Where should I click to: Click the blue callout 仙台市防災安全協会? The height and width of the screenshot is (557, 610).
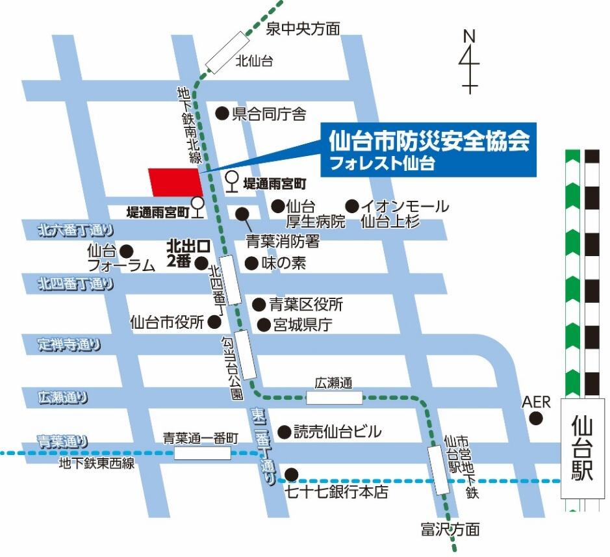pyautogui.click(x=429, y=148)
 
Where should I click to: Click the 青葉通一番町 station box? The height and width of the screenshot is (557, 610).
pyautogui.click(x=203, y=452)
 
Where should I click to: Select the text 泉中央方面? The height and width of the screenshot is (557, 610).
pyautogui.click(x=303, y=29)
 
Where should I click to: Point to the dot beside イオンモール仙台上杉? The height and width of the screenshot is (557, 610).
pyautogui.click(x=352, y=206)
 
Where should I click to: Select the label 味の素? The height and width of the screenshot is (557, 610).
pyautogui.click(x=283, y=263)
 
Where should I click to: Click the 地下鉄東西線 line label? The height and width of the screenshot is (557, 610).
pyautogui.click(x=96, y=463)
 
